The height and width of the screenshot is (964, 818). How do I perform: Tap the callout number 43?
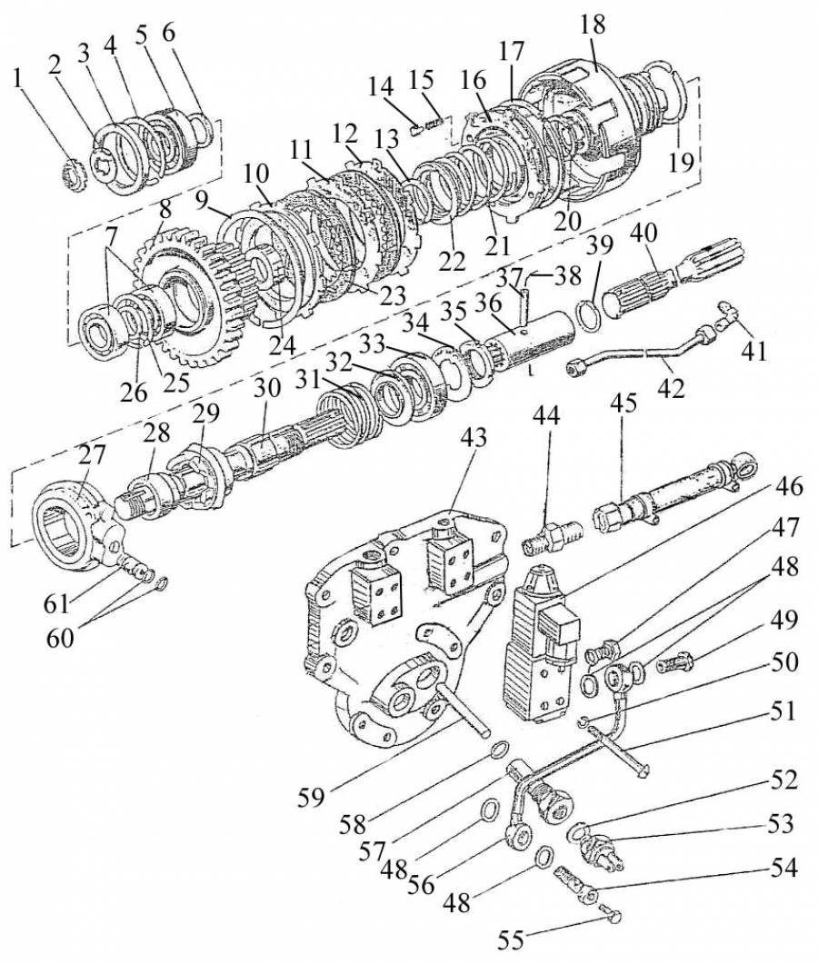pos(473,438)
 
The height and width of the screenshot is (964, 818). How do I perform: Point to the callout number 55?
pos(511,940)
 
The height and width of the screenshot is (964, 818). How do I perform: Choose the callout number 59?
pos(311,798)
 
